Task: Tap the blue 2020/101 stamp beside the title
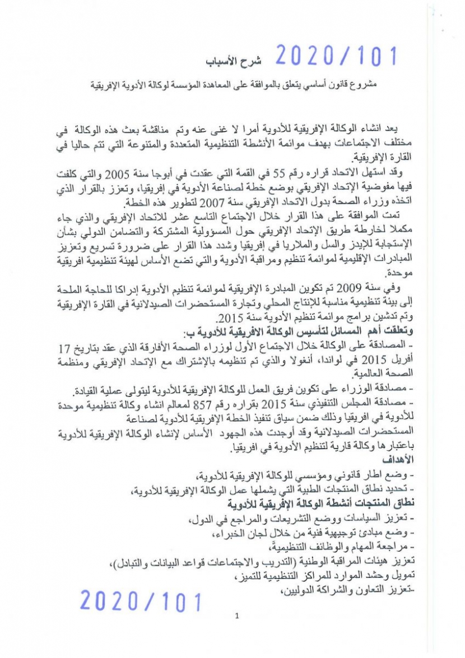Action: tap(336, 56)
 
